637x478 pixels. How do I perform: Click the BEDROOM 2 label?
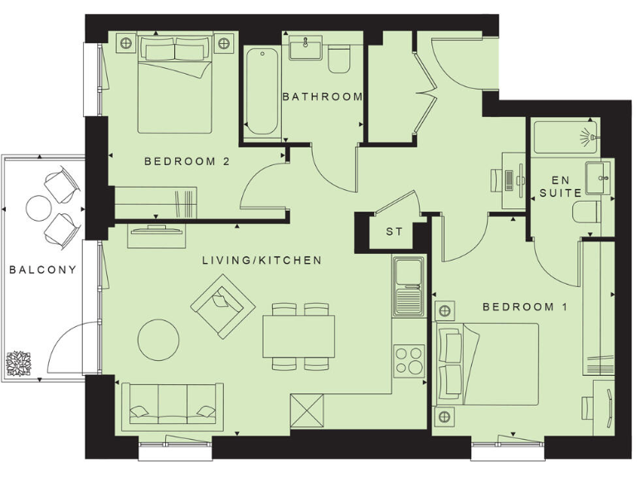pyautogui.click(x=186, y=162)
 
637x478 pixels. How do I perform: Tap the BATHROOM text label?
pyautogui.click(x=323, y=96)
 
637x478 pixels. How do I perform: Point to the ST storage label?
pyautogui.click(x=394, y=232)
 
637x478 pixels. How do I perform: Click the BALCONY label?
pyautogui.click(x=43, y=269)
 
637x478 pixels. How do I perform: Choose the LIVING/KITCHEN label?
pyautogui.click(x=261, y=261)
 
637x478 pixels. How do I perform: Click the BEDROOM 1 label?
pyautogui.click(x=524, y=307)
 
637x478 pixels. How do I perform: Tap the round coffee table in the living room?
pyautogui.click(x=158, y=339)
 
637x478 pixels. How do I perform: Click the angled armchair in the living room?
pyautogui.click(x=223, y=305)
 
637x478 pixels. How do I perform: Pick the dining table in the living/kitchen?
pyautogui.click(x=299, y=337)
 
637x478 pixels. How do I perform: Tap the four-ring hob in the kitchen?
pyautogui.click(x=409, y=361)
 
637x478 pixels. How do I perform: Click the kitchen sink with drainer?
pyautogui.click(x=408, y=286)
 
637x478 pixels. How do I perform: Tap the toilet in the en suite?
pyautogui.click(x=586, y=212)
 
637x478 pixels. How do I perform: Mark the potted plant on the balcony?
pyautogui.click(x=18, y=363)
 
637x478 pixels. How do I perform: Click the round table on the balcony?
pyautogui.click(x=39, y=207)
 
